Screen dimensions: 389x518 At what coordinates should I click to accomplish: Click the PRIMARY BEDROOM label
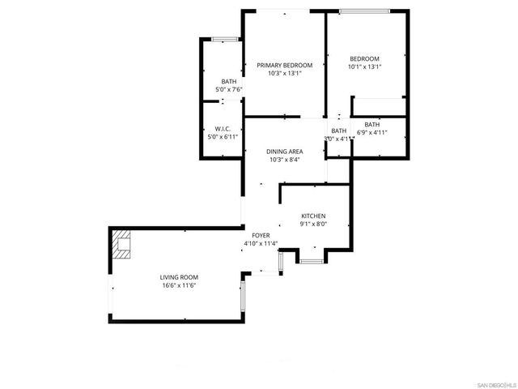tap(284, 65)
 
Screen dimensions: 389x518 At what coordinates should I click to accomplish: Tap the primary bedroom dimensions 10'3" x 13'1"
tap(284, 74)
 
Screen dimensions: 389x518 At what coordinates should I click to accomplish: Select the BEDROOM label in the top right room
tap(364, 58)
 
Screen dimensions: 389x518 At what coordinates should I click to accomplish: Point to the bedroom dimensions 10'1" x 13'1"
tap(364, 67)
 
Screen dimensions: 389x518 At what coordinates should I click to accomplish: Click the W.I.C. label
tap(223, 129)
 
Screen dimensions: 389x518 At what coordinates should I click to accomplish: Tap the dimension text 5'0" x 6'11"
tap(223, 137)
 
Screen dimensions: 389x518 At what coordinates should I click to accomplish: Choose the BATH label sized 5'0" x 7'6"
tap(229, 81)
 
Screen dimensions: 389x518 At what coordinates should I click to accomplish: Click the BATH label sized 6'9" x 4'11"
tap(372, 124)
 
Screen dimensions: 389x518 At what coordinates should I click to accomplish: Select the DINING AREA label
tap(285, 152)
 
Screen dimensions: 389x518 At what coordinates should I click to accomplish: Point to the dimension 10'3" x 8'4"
tap(285, 160)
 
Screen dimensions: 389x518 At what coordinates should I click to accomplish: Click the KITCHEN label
tap(313, 216)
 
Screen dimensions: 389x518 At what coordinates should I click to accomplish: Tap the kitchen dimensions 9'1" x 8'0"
tap(313, 224)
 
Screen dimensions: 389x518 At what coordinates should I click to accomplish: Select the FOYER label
tap(261, 235)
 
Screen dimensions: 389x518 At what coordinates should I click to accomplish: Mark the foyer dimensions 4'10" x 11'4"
tap(261, 243)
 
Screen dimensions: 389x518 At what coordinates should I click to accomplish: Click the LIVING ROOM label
tap(178, 277)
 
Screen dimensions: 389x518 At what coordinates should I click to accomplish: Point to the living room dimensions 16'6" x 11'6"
tap(178, 285)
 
